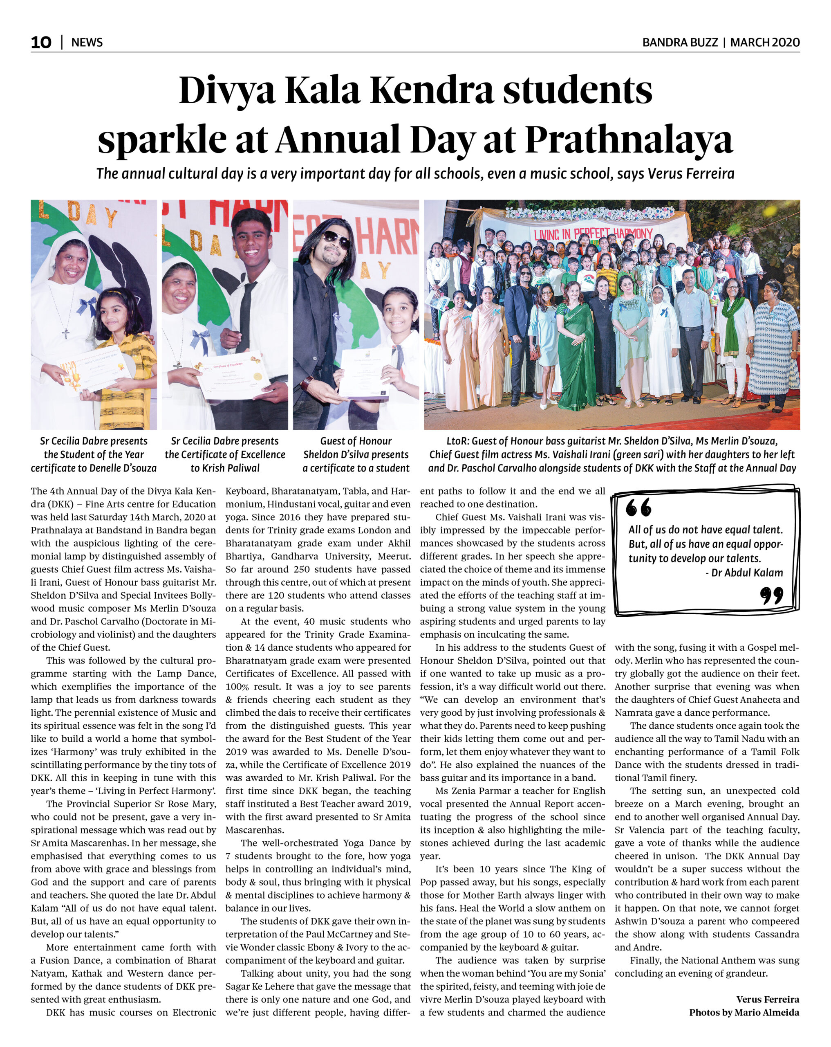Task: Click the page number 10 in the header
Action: point(41,42)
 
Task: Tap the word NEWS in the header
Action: point(87,42)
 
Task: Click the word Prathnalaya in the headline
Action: point(629,140)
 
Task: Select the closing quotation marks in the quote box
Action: point(771,595)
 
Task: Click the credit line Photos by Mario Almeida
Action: point(744,1012)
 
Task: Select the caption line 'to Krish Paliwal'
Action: point(225,468)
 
